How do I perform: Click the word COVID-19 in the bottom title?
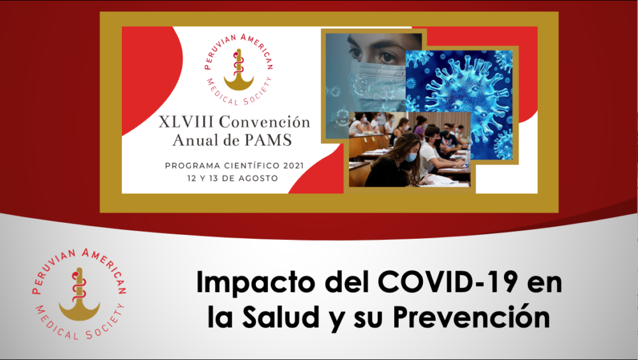(448, 282)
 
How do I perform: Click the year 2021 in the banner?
(293, 166)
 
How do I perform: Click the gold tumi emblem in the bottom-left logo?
(79, 294)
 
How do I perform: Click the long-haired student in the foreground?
(395, 161)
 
